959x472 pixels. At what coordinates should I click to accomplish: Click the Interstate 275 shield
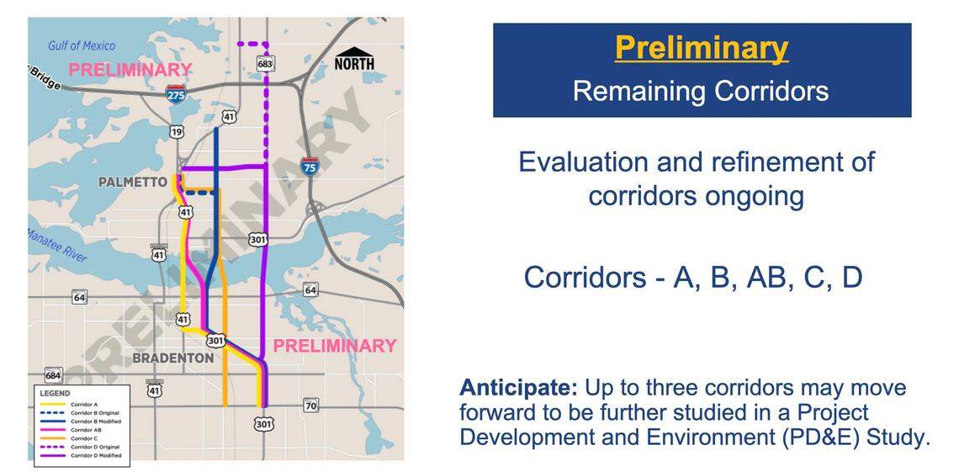pos(177,93)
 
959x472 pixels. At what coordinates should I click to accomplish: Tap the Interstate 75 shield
pos(310,167)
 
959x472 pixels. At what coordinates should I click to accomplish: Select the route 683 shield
pos(265,63)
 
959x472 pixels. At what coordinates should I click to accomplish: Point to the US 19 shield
pos(176,131)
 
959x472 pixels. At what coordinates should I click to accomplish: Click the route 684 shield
pos(53,374)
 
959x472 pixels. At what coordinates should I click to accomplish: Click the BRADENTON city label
pos(172,358)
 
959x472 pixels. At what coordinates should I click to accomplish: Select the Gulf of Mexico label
pos(82,45)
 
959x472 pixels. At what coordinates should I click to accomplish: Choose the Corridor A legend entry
pos(83,405)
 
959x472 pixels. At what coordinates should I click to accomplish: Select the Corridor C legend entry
pos(83,438)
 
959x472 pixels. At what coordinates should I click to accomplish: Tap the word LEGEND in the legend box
pos(55,393)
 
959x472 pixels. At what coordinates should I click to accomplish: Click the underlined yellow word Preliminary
pos(701,48)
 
